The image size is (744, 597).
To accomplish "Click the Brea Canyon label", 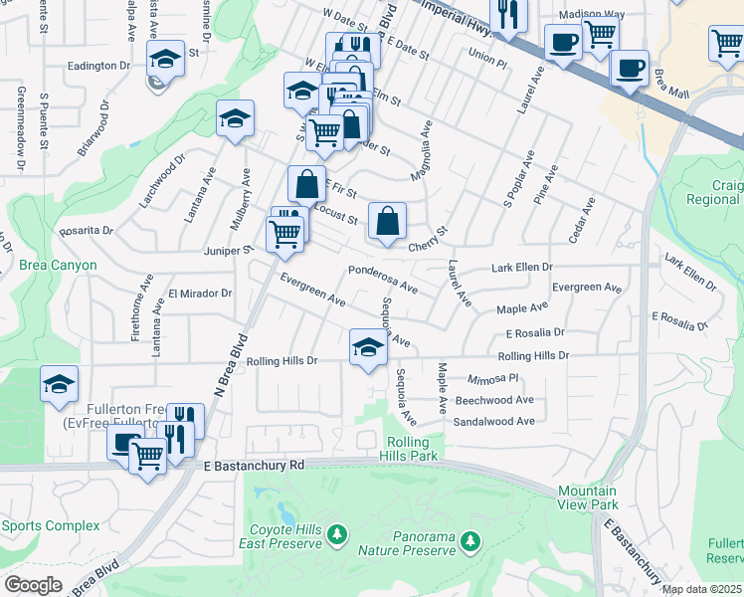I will (58, 266).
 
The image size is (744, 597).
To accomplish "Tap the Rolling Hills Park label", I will (404, 449).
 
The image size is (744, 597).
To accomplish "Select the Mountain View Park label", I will (587, 498).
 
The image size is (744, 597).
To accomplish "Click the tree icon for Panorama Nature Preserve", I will (470, 542).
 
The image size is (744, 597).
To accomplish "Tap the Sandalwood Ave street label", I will (494, 421).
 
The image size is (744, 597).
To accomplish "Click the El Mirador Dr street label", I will (199, 294).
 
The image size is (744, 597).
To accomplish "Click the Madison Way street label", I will (591, 15).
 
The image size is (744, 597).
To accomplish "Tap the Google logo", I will (33, 585).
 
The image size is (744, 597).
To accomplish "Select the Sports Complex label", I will (50, 525).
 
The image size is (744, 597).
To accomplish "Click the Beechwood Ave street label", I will (494, 400).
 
